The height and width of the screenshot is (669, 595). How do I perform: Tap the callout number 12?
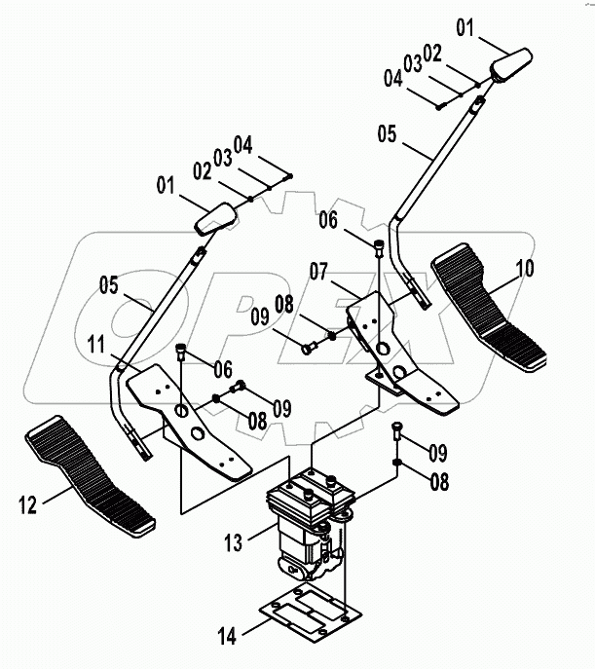(28, 504)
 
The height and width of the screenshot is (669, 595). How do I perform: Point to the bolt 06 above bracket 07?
(379, 247)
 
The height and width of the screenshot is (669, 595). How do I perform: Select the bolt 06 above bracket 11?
(180, 352)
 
